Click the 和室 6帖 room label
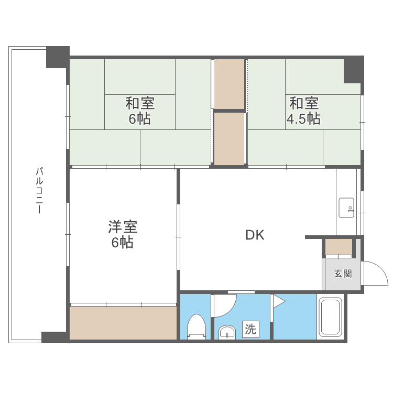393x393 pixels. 139,110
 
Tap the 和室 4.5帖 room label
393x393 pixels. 303,110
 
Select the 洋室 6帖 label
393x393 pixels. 122,234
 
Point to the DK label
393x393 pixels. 255,235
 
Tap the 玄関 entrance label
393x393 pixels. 343,274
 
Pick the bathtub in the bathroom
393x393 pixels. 330,318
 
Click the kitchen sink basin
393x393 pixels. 346,208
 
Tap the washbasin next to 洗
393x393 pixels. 227,332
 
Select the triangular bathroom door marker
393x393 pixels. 277,301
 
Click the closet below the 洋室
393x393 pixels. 123,322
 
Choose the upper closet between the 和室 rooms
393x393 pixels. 230,84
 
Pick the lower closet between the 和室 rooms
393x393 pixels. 230,138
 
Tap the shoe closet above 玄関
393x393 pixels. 339,246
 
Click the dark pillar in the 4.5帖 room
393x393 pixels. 353,70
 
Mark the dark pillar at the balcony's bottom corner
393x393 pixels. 54,337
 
